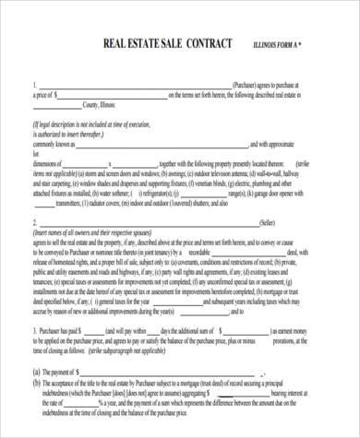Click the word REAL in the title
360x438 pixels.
coord(124,43)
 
